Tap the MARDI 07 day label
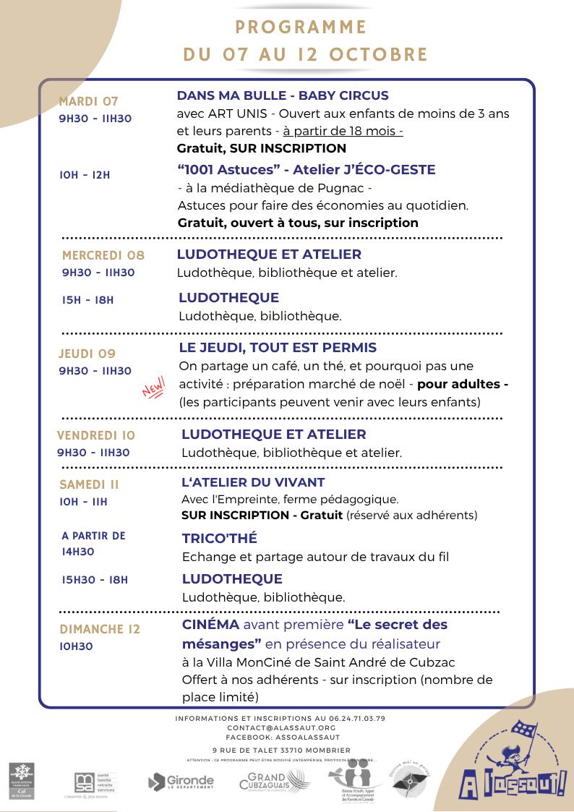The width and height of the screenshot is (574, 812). (x=88, y=101)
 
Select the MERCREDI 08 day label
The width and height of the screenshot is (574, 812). (x=103, y=255)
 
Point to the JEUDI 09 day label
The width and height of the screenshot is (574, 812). (x=87, y=354)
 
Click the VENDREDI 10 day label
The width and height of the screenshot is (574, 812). (x=96, y=435)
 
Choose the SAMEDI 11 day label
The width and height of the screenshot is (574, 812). (x=89, y=484)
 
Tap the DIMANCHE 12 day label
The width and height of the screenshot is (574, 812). (x=100, y=629)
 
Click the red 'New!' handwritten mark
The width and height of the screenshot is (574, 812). (x=154, y=387)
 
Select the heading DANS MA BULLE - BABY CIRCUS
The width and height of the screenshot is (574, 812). (x=283, y=95)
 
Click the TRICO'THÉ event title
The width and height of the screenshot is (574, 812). (x=219, y=539)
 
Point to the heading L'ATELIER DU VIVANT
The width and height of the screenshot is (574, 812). (x=253, y=482)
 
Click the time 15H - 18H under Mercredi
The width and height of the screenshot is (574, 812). (x=87, y=299)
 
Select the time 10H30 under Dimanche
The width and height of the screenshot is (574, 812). (x=77, y=646)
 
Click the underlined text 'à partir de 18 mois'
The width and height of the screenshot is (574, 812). (x=343, y=131)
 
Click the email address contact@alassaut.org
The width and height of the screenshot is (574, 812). (x=281, y=727)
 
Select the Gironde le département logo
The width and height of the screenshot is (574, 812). (x=181, y=782)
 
